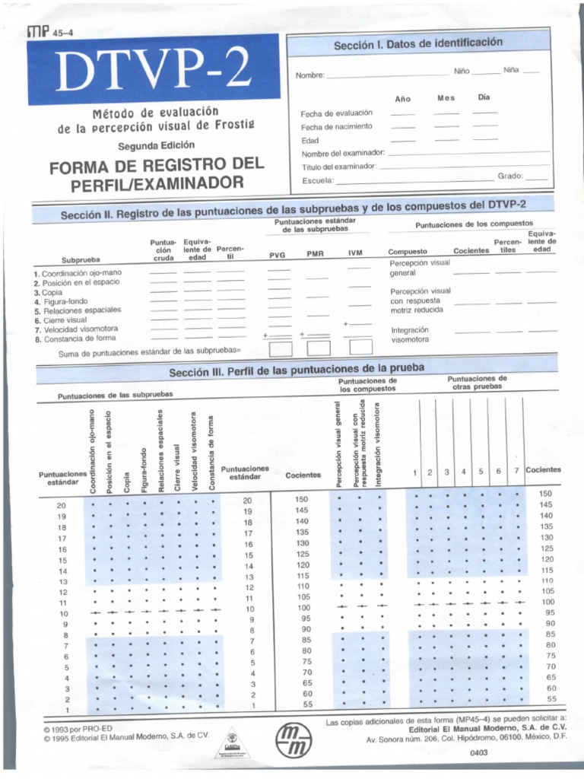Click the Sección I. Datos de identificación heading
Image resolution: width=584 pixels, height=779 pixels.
tap(418, 44)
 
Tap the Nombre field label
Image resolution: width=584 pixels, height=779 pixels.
tap(310, 75)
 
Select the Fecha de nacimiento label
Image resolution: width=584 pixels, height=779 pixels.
tap(336, 126)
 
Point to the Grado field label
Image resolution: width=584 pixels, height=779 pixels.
tap(510, 176)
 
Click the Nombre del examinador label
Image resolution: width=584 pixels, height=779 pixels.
tap(343, 153)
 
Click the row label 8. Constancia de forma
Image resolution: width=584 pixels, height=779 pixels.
tap(75, 339)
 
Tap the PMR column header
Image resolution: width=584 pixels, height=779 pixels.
tap(315, 255)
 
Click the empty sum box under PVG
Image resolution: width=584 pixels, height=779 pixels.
tap(280, 348)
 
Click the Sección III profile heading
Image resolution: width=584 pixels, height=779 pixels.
tap(296, 370)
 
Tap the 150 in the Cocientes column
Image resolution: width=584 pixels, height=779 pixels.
tap(302, 499)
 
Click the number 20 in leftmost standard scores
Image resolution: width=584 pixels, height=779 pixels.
tap(62, 505)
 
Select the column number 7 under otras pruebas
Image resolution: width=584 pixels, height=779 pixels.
tap(516, 472)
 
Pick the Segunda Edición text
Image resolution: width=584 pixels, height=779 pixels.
tap(156, 145)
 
